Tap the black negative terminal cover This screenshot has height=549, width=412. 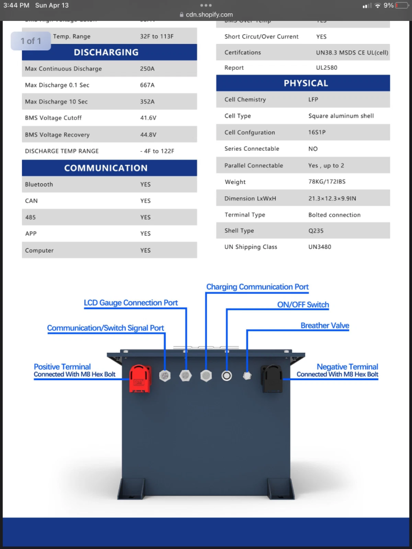[x=271, y=378]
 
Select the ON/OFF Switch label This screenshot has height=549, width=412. [x=303, y=305]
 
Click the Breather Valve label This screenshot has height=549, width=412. [x=325, y=326]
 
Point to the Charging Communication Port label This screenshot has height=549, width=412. [x=257, y=287]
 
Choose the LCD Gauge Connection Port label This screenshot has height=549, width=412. [x=131, y=303]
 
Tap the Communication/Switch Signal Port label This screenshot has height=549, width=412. [x=106, y=328]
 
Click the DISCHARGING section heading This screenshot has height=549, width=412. [x=106, y=53]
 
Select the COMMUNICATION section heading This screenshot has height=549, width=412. [x=106, y=168]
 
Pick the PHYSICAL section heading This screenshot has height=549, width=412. [x=306, y=84]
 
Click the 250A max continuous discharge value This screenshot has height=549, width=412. [x=148, y=69]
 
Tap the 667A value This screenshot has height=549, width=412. [x=148, y=85]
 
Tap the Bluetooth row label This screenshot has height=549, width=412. [x=39, y=184]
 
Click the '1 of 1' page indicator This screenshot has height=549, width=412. [x=31, y=41]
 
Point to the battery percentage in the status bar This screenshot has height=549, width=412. [x=388, y=5]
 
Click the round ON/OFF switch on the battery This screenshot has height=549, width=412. [x=227, y=376]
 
